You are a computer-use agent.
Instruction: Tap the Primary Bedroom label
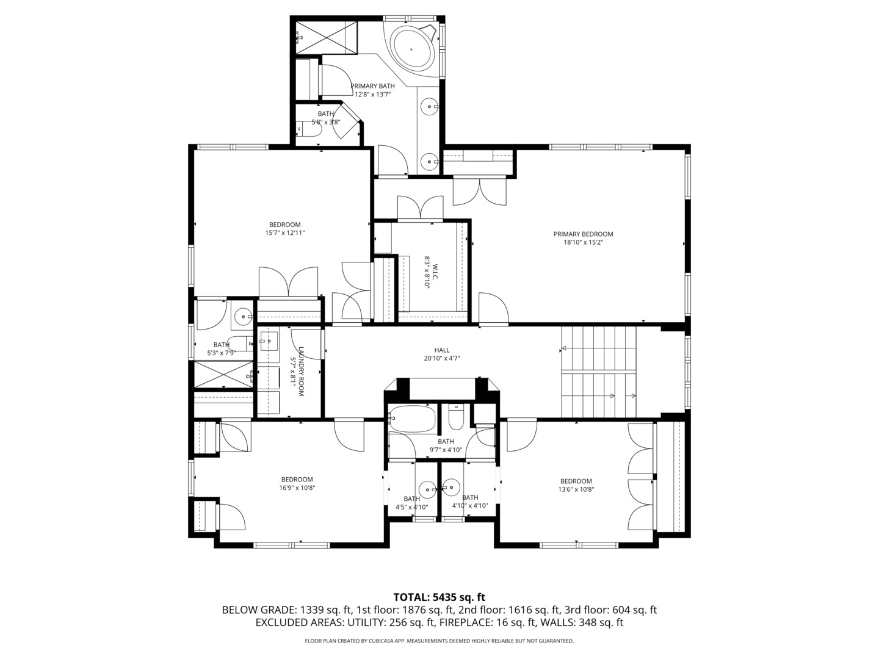(583, 234)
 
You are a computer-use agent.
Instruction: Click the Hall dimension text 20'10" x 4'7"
(442, 359)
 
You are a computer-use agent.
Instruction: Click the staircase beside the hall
(598, 372)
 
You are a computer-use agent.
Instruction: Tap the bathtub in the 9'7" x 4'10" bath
(412, 419)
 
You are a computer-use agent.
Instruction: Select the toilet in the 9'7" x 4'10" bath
(456, 417)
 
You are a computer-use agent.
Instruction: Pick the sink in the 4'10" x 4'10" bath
(452, 487)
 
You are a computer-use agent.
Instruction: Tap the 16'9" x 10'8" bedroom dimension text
(297, 488)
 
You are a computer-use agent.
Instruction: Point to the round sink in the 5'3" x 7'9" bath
(244, 315)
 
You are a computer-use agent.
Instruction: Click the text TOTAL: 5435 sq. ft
(440, 597)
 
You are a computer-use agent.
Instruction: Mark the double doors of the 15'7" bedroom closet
(288, 283)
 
